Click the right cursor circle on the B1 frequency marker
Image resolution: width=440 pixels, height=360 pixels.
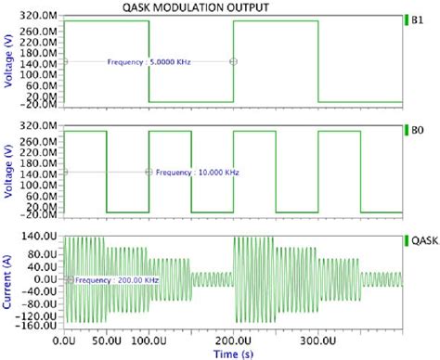(x=233, y=62)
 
